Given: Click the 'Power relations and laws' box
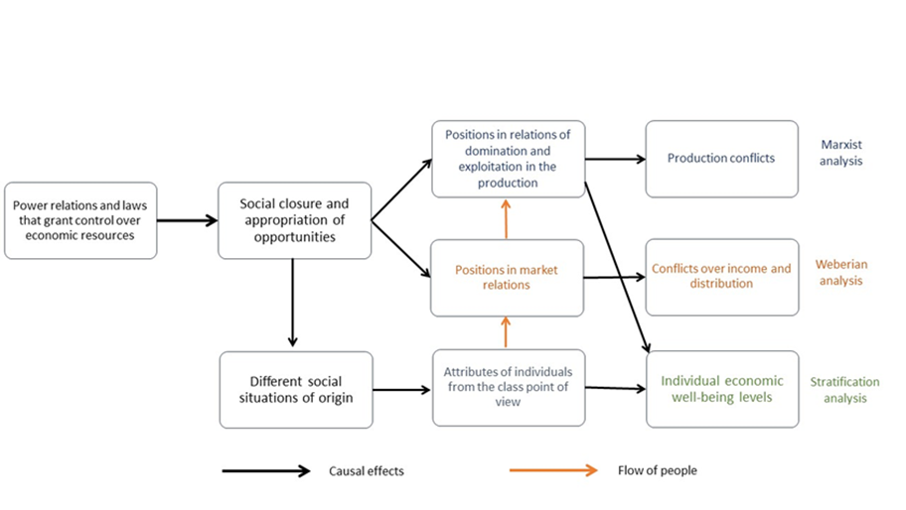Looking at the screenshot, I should [80, 220].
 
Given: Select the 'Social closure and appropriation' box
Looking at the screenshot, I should [294, 220].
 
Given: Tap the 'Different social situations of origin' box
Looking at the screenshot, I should [295, 389].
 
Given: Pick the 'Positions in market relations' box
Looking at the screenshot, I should [507, 277].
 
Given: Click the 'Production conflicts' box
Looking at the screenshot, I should [721, 159].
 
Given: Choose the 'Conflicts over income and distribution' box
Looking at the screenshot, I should [721, 277].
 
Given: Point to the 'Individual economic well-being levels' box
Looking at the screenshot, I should [721, 389].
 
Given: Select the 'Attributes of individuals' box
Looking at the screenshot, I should [507, 388].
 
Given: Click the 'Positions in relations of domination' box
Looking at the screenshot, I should [507, 159].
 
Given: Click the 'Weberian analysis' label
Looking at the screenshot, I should [839, 273].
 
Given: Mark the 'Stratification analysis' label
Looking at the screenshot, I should [844, 389].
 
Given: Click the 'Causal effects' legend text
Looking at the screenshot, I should [367, 471].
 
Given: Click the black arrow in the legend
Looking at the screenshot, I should [266, 471].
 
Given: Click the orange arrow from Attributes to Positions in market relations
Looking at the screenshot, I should [506, 332].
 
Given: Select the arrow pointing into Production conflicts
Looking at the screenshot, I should [615, 159].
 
